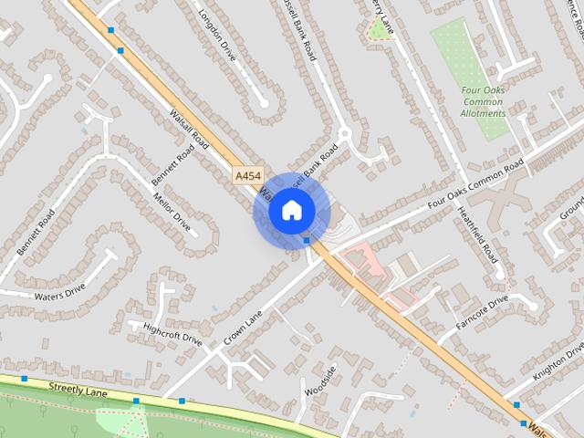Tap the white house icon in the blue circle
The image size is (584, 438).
291,210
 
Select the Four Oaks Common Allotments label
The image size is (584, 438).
483,102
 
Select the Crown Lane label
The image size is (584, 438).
242,329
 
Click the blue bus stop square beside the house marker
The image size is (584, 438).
307,240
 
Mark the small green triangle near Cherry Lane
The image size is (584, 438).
376,33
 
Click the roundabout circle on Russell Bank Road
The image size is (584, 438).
344,135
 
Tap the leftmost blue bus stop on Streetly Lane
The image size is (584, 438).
25,378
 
